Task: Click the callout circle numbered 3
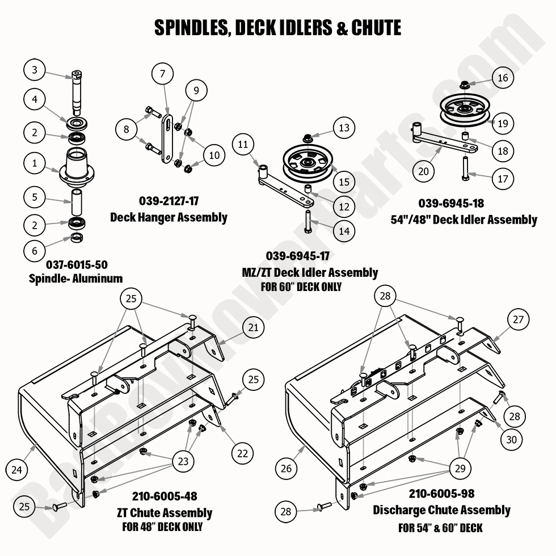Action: pos(35,70)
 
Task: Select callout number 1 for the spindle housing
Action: pos(35,163)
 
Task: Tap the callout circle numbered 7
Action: pos(162,73)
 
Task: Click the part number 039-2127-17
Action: pos(168,201)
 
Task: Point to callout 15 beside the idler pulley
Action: pos(344,182)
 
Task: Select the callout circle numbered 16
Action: pos(503,78)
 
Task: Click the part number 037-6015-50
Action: pos(77,264)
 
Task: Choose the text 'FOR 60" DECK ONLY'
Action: pos(301,287)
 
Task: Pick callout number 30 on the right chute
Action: pos(511,439)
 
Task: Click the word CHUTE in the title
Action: pos(377,27)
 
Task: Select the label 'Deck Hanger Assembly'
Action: pos(169,217)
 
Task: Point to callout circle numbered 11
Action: pos(243,145)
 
